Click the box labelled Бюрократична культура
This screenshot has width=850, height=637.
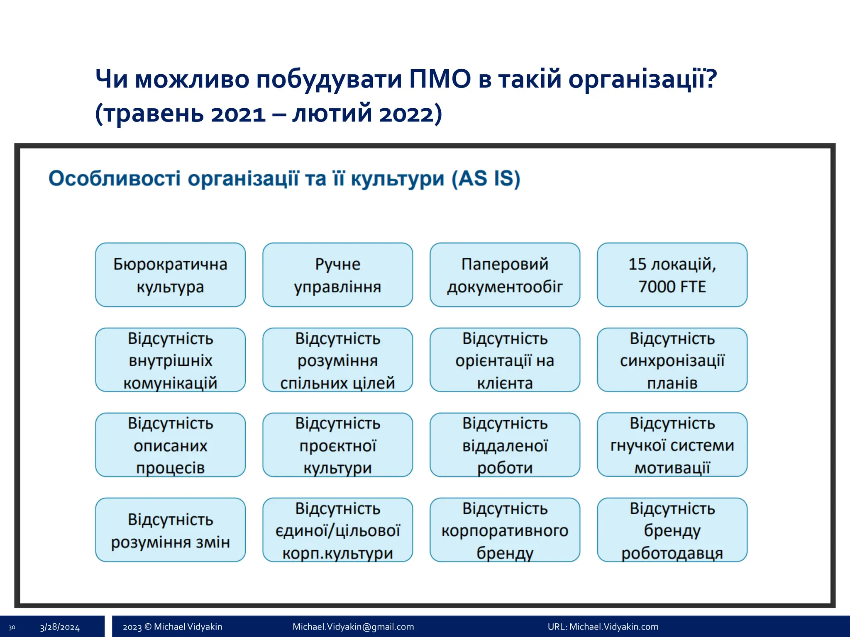pos(170,275)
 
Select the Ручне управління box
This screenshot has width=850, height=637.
pos(337,275)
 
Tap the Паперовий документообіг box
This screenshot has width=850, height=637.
pos(505,275)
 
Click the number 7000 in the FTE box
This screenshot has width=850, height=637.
pos(655,287)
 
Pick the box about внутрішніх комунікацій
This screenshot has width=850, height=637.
pos(170,360)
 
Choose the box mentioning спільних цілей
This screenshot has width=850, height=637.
pos(337,360)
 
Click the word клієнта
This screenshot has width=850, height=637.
pos(505,383)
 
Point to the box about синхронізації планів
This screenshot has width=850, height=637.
pos(672,360)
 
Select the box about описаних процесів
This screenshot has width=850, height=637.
pos(170,445)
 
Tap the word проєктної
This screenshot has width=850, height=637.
pos(337,446)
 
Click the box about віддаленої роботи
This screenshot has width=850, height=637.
pos(505,445)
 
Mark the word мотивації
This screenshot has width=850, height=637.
pos(672,468)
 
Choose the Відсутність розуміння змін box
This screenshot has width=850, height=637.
pos(170,530)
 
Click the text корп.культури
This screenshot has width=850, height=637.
pos(337,553)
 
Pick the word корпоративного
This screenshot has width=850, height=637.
pos(505,531)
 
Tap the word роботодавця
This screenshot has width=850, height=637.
pos(672,553)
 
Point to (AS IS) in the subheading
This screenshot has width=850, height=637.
pos(486,179)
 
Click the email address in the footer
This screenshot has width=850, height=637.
pos(353,627)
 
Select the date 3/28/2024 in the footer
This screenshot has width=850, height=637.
pos(60,627)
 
